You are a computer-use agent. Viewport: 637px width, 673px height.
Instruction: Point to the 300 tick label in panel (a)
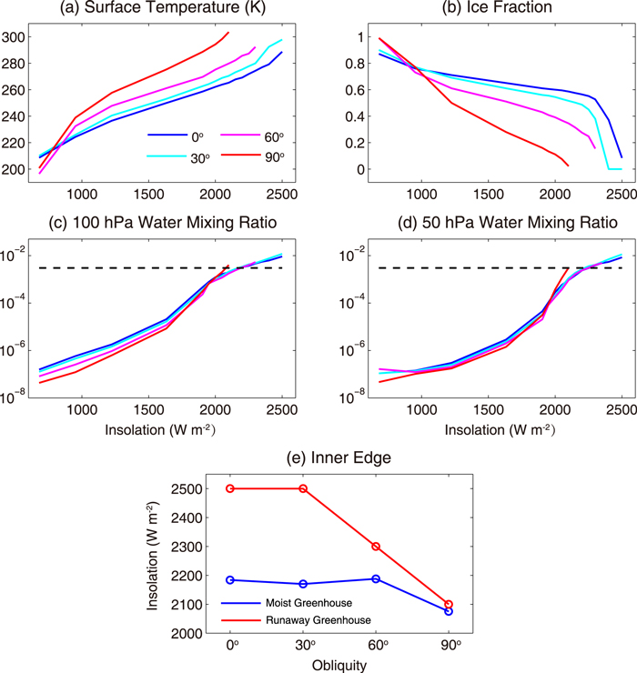[x=20, y=37]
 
